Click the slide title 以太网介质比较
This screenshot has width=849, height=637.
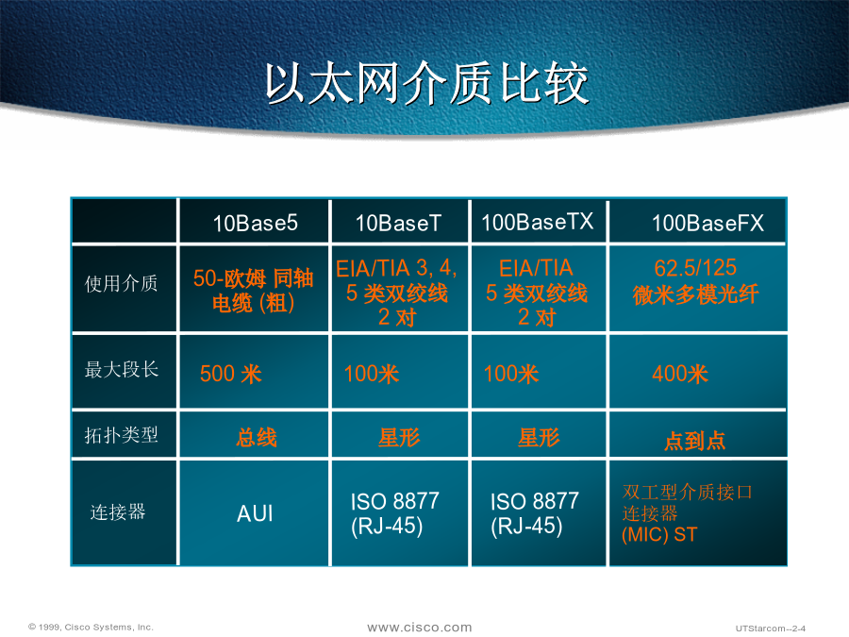426,83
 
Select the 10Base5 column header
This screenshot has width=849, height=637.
255,223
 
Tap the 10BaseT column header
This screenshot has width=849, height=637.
398,223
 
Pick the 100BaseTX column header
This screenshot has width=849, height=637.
537,222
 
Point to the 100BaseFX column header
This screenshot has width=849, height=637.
707,223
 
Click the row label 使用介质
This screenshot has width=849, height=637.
122,283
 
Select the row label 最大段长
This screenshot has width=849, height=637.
122,369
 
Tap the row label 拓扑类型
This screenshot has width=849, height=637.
122,434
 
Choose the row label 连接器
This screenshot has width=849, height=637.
118,511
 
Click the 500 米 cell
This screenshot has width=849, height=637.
231,374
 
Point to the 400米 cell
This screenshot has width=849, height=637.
680,374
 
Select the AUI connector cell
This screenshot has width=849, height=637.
255,513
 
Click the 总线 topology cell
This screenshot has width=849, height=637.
256,438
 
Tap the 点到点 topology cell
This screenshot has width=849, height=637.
694,441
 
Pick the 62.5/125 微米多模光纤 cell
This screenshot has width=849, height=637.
696,281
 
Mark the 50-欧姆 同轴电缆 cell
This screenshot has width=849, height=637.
254,291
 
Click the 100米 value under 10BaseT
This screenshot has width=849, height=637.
372,374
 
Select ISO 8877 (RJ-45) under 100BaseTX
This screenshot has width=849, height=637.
535,513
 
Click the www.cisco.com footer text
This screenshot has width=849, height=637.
420,628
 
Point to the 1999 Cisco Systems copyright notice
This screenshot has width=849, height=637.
91,627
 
